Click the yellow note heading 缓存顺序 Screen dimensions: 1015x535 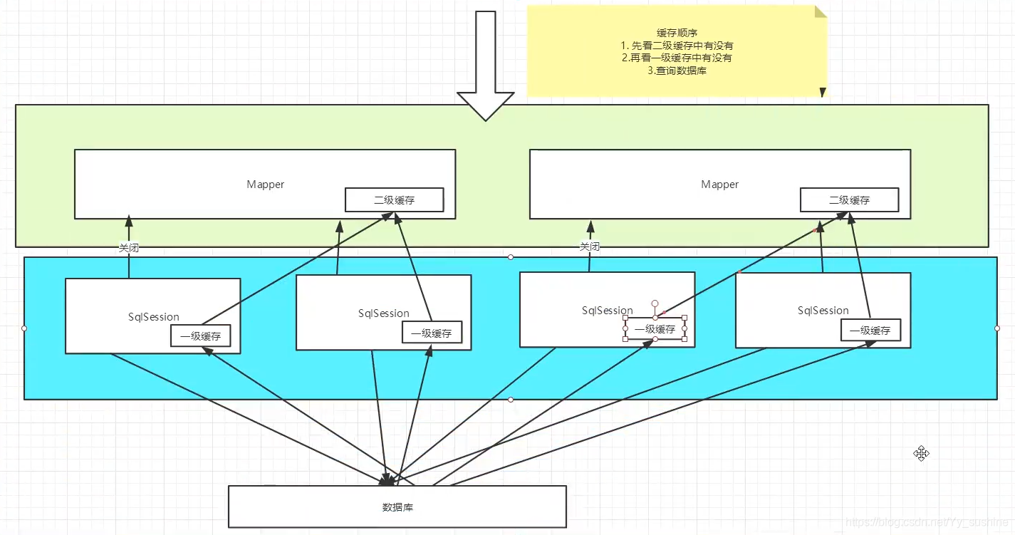pyautogui.click(x=677, y=33)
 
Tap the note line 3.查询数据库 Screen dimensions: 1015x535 pyautogui.click(x=677, y=71)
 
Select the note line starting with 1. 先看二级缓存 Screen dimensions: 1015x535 pyautogui.click(x=677, y=46)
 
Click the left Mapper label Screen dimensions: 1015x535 pyautogui.click(x=266, y=185)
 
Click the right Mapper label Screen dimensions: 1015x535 pyautogui.click(x=720, y=185)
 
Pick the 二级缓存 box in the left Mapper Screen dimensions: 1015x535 pyautogui.click(x=394, y=199)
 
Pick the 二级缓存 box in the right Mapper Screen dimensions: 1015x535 pyautogui.click(x=850, y=199)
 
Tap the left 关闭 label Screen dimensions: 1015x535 pyautogui.click(x=129, y=248)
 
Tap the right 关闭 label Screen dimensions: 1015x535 pyautogui.click(x=590, y=246)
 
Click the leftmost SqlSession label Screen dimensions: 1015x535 pyautogui.click(x=154, y=316)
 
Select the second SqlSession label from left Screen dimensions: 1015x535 pyautogui.click(x=384, y=313)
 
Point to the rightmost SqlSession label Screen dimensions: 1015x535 pyautogui.click(x=823, y=311)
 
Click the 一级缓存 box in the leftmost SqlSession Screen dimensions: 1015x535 pyautogui.click(x=201, y=336)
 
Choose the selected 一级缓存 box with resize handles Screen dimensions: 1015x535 pyautogui.click(x=655, y=329)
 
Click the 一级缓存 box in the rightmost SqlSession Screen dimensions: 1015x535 pyautogui.click(x=870, y=331)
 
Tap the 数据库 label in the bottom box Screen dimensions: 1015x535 pyautogui.click(x=397, y=507)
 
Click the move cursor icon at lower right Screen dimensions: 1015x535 pyautogui.click(x=921, y=453)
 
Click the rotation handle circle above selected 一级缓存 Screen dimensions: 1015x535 pyautogui.click(x=655, y=303)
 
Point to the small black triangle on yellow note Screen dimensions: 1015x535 pyautogui.click(x=823, y=92)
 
